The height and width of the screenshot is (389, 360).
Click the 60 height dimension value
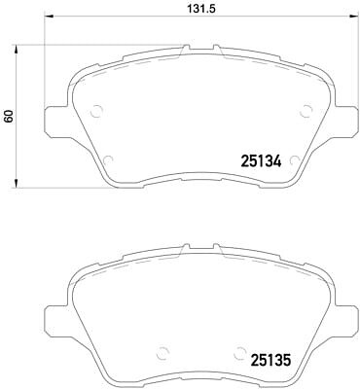[x=9, y=116]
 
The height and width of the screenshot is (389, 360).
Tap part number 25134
[x=261, y=160]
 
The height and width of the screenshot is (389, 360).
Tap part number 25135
[x=270, y=360]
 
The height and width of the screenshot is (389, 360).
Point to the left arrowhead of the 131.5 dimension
[x=48, y=16]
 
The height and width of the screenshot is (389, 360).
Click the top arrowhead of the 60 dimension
[x=16, y=50]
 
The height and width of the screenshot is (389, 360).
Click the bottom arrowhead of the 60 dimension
[x=16, y=184]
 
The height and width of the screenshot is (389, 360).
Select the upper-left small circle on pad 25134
[x=96, y=111]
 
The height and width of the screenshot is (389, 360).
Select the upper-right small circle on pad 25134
[x=306, y=111]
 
